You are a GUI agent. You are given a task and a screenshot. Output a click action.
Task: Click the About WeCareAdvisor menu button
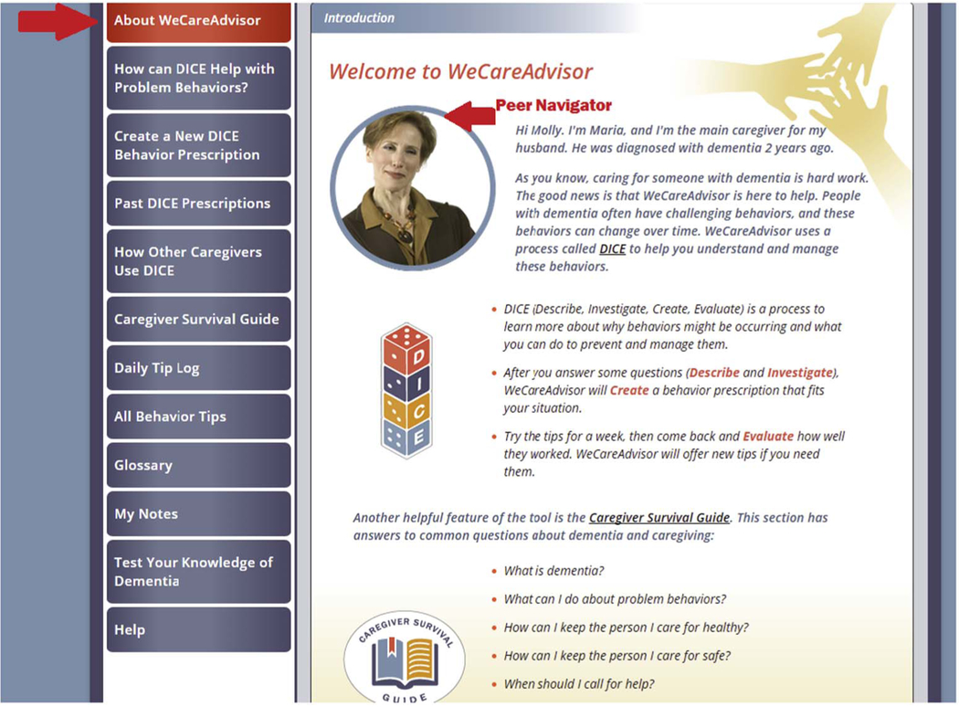(198, 21)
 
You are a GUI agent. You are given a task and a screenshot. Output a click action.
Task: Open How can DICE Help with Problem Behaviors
(198, 78)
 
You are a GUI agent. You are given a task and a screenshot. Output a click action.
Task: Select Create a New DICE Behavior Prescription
(198, 145)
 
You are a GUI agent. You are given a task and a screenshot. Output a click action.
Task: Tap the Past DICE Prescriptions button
(198, 203)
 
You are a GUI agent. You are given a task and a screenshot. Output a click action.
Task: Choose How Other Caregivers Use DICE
(198, 261)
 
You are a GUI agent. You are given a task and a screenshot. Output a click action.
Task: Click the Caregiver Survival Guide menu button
(198, 319)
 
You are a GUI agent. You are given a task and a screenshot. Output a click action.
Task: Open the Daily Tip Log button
(198, 368)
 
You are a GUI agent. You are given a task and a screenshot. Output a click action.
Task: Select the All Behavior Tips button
(198, 417)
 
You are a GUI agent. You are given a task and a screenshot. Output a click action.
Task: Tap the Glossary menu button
(198, 465)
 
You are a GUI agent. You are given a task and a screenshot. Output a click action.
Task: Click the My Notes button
(198, 513)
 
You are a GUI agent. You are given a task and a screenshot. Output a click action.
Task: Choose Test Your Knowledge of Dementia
(198, 572)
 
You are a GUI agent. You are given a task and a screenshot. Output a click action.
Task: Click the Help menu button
(198, 629)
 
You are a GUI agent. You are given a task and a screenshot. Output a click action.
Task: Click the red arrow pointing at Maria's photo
(469, 115)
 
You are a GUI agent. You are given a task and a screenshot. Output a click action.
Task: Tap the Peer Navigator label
(553, 106)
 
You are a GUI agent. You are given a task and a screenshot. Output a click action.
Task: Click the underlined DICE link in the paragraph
(612, 248)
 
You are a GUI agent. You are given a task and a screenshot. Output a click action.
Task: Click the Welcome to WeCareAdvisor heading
(460, 72)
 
